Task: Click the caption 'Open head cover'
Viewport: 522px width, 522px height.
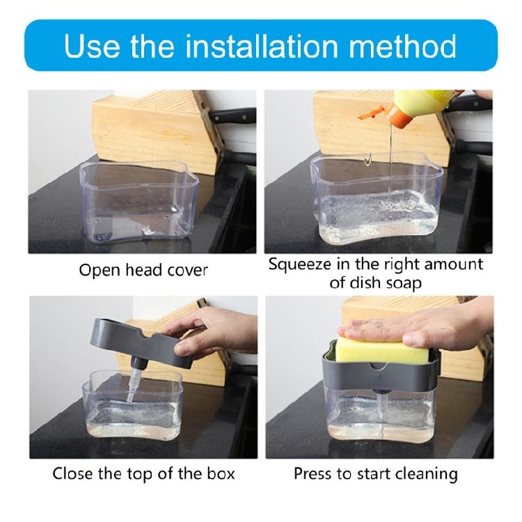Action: point(143,270)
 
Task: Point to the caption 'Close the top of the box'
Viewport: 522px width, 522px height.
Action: point(143,475)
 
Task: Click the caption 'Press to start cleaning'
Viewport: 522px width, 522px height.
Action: point(375,475)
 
